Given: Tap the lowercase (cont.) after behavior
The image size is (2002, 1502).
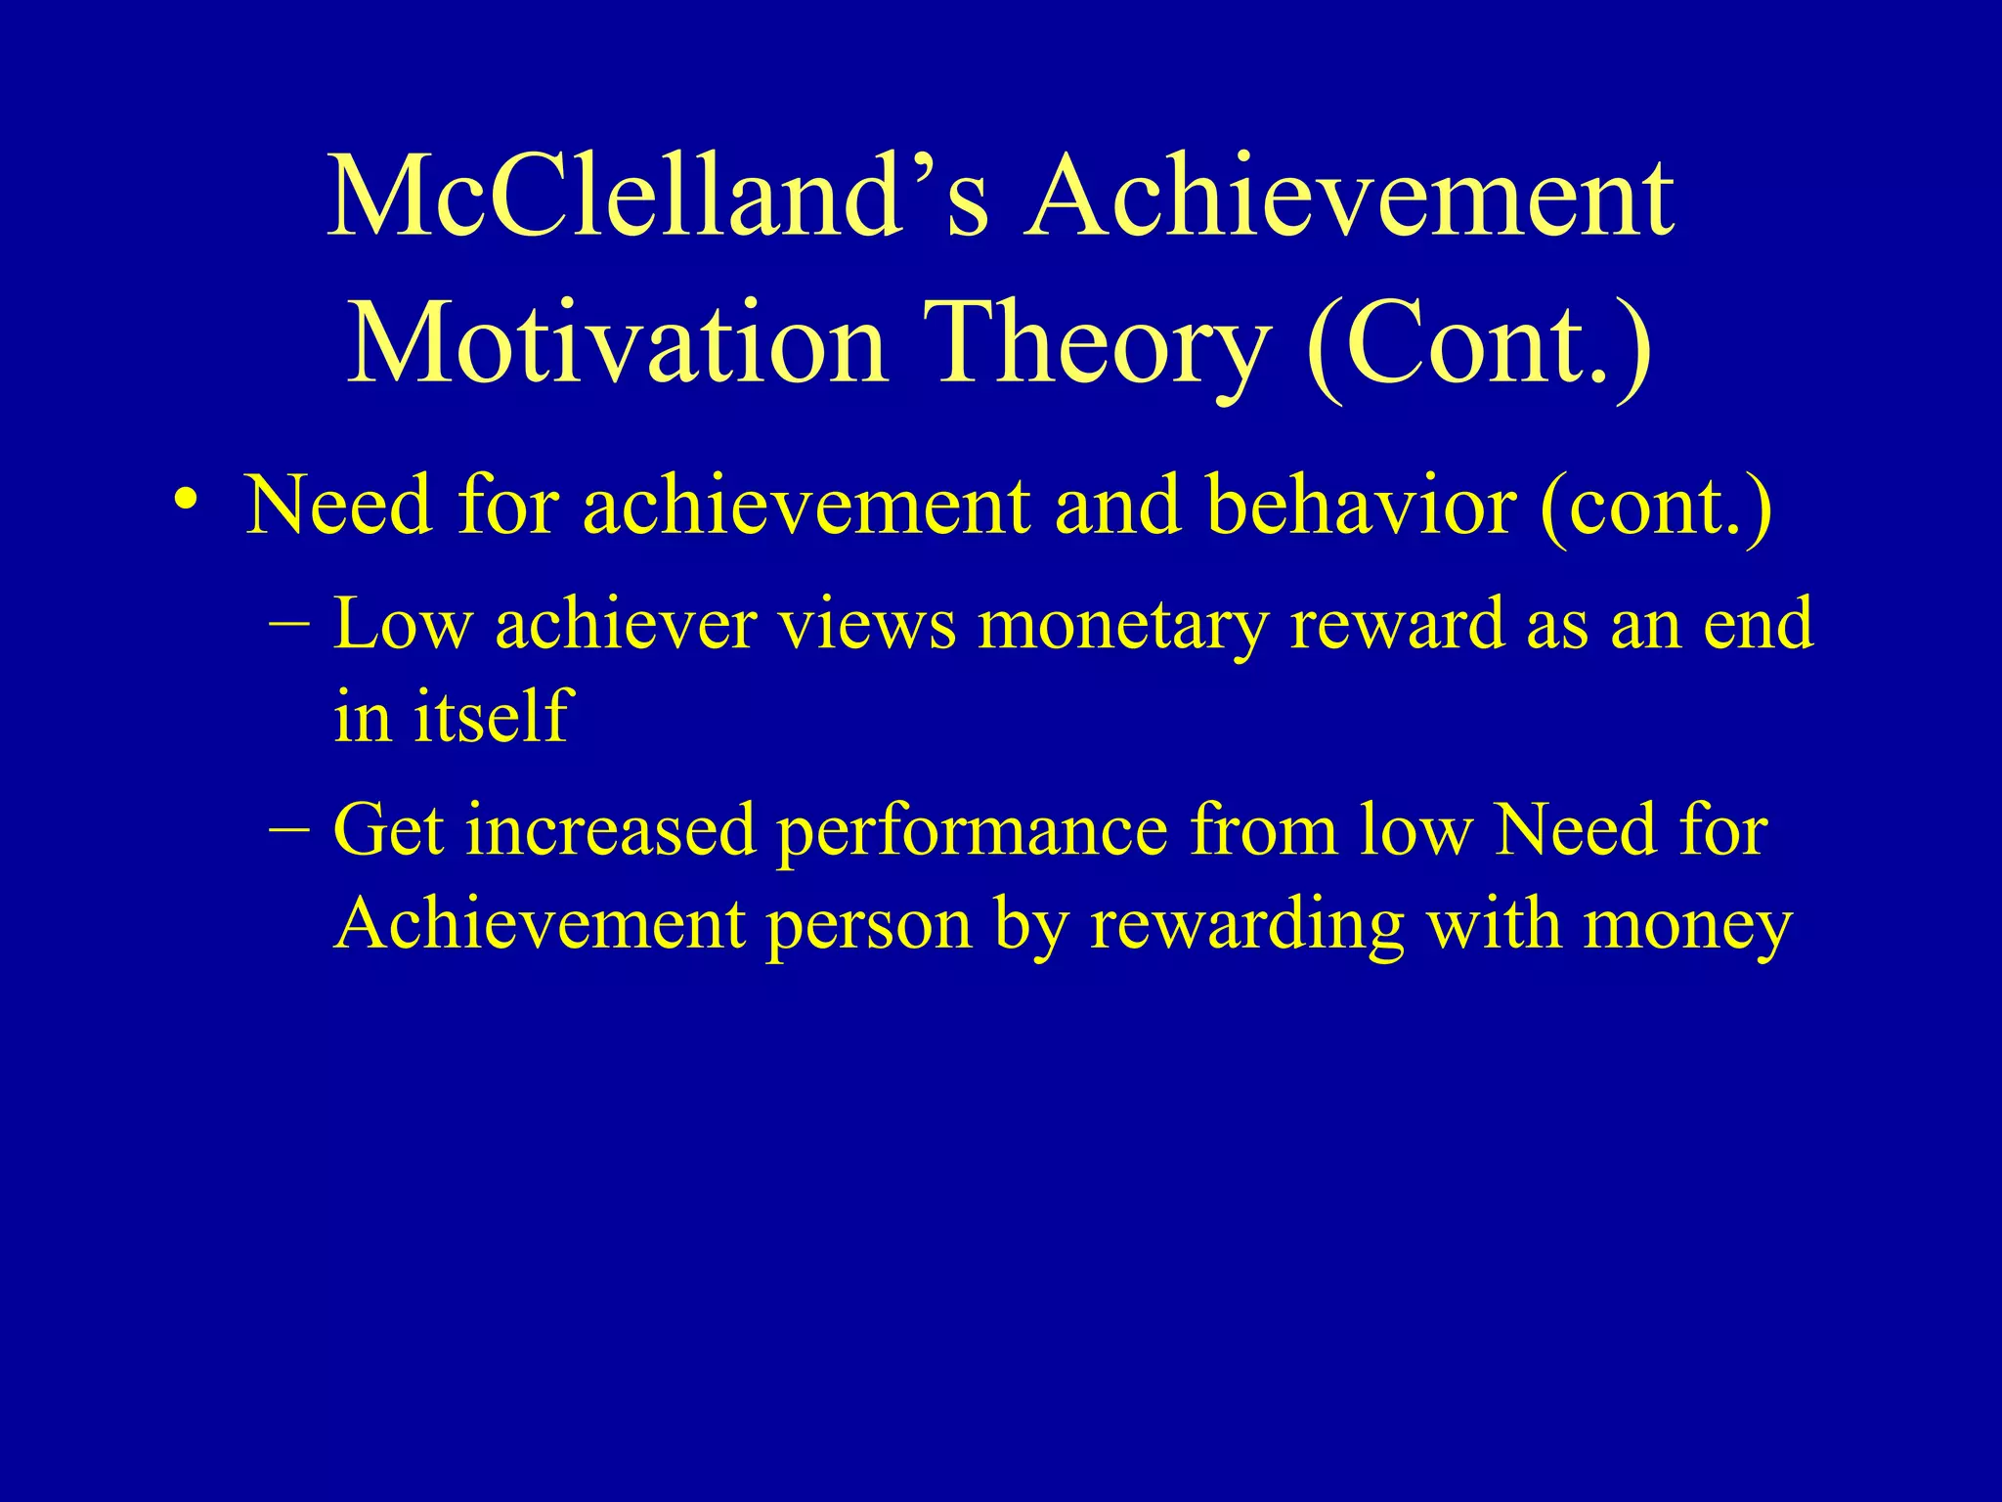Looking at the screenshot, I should tap(1655, 508).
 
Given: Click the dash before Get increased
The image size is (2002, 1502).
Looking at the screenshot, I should tap(290, 827).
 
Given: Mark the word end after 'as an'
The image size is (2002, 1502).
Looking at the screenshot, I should tap(1760, 624).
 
